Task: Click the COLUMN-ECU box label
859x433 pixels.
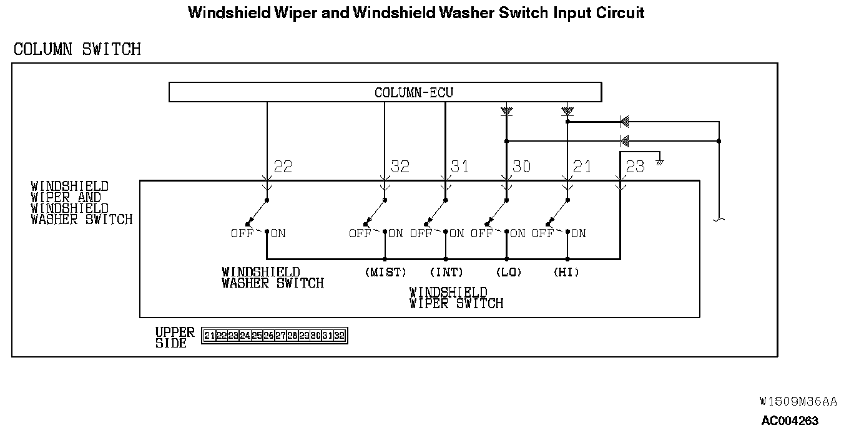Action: [x=413, y=93]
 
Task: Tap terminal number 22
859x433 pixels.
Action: [x=283, y=167]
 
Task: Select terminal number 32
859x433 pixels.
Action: [x=400, y=167]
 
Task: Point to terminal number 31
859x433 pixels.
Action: [x=459, y=167]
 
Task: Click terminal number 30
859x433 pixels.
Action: [x=521, y=167]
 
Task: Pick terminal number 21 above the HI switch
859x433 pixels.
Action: [x=581, y=167]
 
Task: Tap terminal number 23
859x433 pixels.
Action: [x=635, y=167]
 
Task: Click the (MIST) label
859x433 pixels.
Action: [x=385, y=273]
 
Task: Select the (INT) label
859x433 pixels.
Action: [x=446, y=273]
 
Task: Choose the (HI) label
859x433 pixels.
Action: [x=566, y=273]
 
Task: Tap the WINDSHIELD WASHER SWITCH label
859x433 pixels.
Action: [x=273, y=278]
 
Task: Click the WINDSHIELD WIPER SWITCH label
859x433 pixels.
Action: [x=456, y=298]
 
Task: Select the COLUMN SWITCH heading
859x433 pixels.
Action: [x=77, y=49]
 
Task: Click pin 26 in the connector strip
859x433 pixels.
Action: [x=268, y=336]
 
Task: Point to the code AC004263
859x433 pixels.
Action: [x=790, y=421]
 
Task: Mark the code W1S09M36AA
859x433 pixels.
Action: [x=798, y=401]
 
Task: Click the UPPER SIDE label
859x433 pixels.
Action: [x=175, y=338]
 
